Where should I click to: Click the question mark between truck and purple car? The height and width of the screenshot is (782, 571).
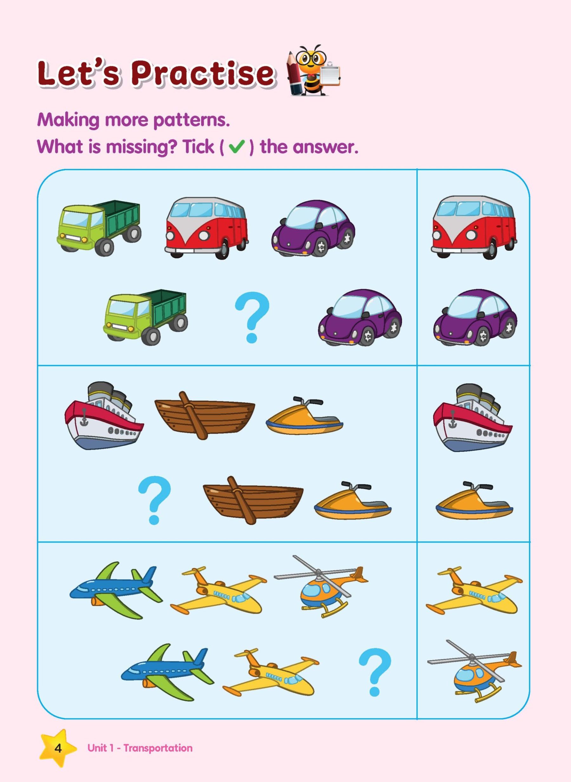251,317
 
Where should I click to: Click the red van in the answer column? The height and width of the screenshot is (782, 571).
474,228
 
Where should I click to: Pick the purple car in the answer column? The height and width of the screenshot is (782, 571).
476,318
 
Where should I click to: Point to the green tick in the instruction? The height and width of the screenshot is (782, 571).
237,148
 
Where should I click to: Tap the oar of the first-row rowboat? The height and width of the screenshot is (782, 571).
192,415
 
